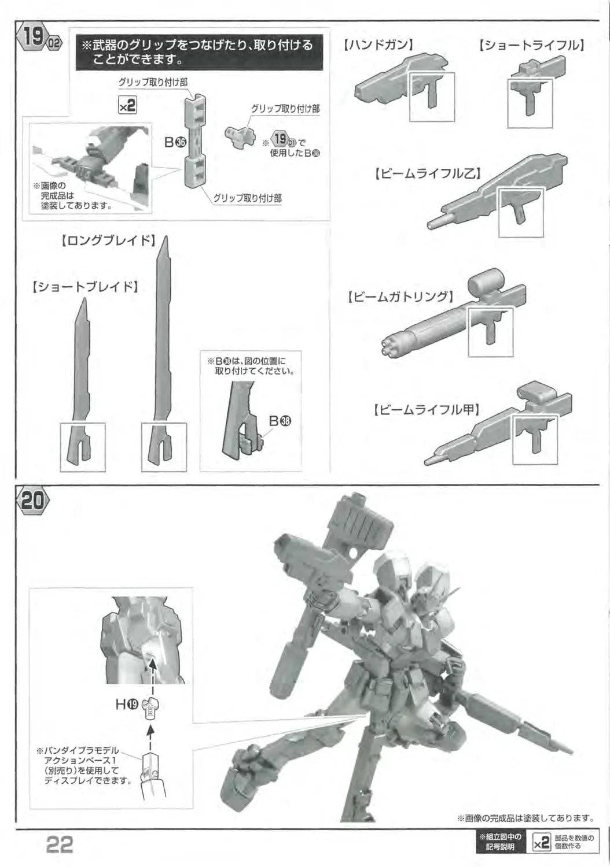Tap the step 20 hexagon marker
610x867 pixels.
(33, 501)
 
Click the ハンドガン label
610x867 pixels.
(379, 45)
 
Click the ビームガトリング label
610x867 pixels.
(400, 297)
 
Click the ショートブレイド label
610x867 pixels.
(85, 287)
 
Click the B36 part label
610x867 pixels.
(175, 142)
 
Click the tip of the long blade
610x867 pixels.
(166, 237)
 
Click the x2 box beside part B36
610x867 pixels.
(127, 105)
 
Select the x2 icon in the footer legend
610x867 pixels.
(542, 843)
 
